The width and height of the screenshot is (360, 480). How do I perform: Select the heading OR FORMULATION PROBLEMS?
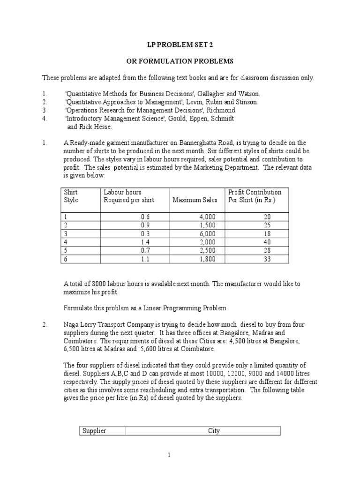click(180, 61)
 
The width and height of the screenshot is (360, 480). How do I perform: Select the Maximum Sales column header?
click(195, 200)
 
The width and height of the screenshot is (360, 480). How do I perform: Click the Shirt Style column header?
click(71, 196)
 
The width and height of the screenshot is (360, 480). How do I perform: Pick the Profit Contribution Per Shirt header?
click(255, 196)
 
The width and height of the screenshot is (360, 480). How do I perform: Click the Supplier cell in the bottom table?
click(94, 431)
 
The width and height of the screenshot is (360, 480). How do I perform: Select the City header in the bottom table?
click(214, 431)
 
